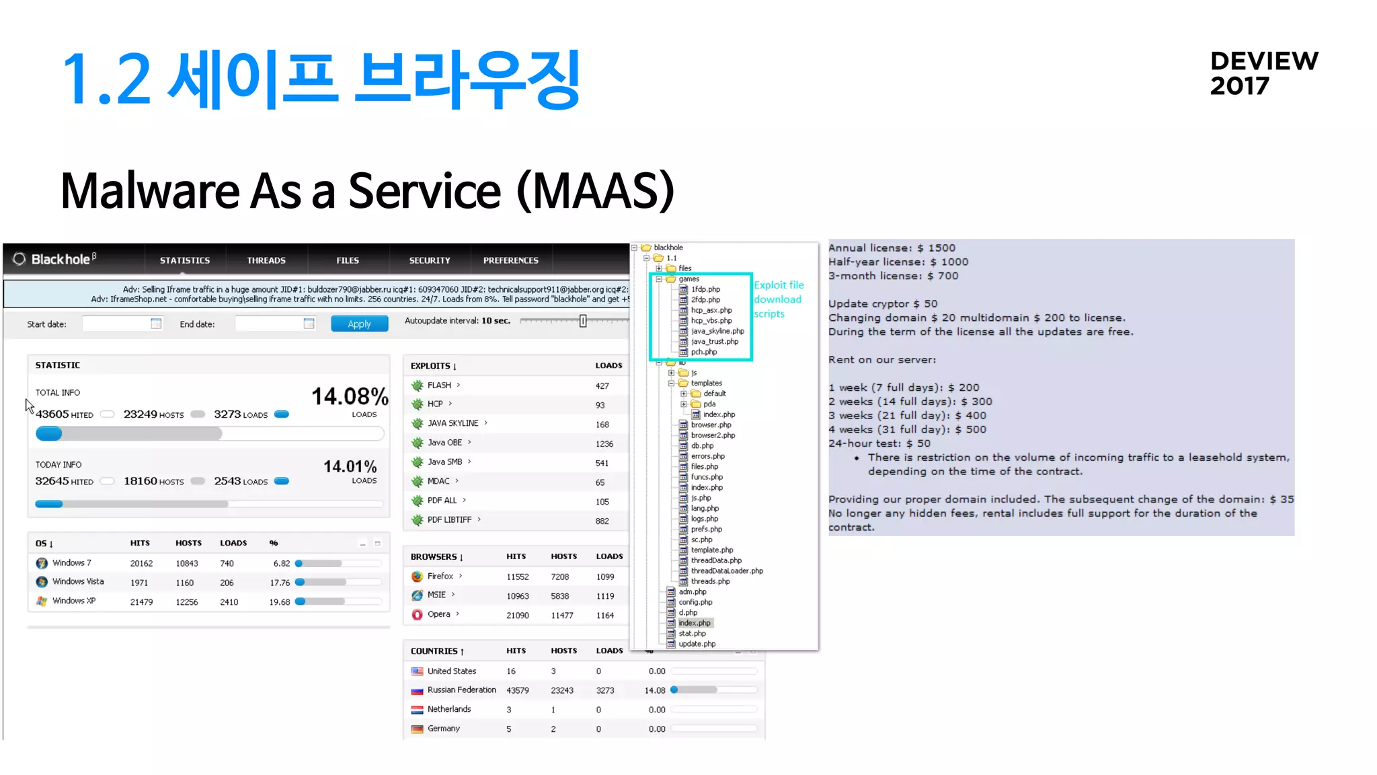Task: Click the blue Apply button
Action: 359,324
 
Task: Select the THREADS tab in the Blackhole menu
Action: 266,260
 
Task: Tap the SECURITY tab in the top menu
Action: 430,260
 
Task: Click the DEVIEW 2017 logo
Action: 1263,73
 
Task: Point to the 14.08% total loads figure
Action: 350,396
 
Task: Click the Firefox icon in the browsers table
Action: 418,577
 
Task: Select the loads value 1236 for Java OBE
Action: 604,444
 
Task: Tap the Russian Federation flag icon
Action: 418,690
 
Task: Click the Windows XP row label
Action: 74,601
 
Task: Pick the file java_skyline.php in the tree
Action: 717,331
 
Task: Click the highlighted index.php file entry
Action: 695,623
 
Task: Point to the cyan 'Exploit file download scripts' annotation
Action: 778,299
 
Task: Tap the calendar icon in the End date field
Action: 309,324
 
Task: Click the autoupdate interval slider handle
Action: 583,321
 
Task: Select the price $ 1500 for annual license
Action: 942,248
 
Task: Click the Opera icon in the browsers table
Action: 418,614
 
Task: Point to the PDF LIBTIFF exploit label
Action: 449,520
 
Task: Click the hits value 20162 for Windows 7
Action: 141,564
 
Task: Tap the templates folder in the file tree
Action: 706,383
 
